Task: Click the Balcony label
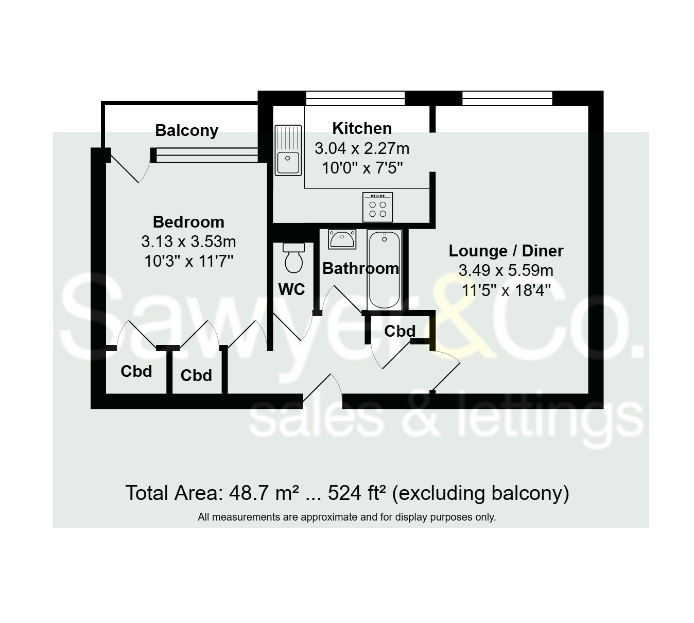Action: [186, 131]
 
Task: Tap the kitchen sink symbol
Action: [288, 150]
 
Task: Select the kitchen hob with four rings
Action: [377, 207]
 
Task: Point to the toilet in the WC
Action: [294, 258]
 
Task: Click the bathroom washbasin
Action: [342, 239]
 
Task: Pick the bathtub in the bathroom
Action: [384, 270]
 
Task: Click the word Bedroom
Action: [188, 222]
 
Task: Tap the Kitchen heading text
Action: [362, 128]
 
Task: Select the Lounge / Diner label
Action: [506, 251]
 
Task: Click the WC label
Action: [291, 289]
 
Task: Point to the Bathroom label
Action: [360, 268]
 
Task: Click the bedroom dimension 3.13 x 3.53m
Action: [188, 241]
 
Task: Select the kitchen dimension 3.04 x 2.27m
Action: [362, 149]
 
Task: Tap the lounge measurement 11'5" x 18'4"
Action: [506, 290]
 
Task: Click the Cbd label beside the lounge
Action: [400, 331]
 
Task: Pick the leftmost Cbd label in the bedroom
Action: [136, 371]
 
